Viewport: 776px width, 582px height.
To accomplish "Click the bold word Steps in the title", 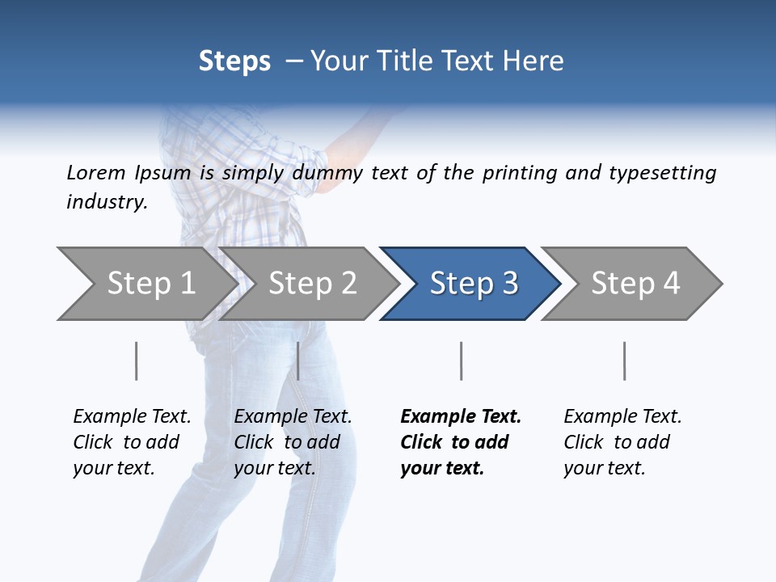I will (x=234, y=61).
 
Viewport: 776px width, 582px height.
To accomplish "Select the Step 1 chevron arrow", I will (x=145, y=284).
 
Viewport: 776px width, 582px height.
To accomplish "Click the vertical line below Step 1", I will (x=137, y=361).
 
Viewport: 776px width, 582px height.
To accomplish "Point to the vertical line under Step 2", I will (x=298, y=361).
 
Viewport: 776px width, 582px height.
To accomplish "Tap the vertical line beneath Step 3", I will (x=461, y=361).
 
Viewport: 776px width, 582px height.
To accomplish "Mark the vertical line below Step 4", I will (x=624, y=361).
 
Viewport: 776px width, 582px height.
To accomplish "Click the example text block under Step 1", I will (x=132, y=442).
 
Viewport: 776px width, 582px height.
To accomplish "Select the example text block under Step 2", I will (x=293, y=442).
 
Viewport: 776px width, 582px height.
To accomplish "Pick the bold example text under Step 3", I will (x=460, y=442).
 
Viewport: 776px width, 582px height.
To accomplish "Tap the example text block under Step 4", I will (x=622, y=442).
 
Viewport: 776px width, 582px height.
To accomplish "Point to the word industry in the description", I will (x=107, y=201).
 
